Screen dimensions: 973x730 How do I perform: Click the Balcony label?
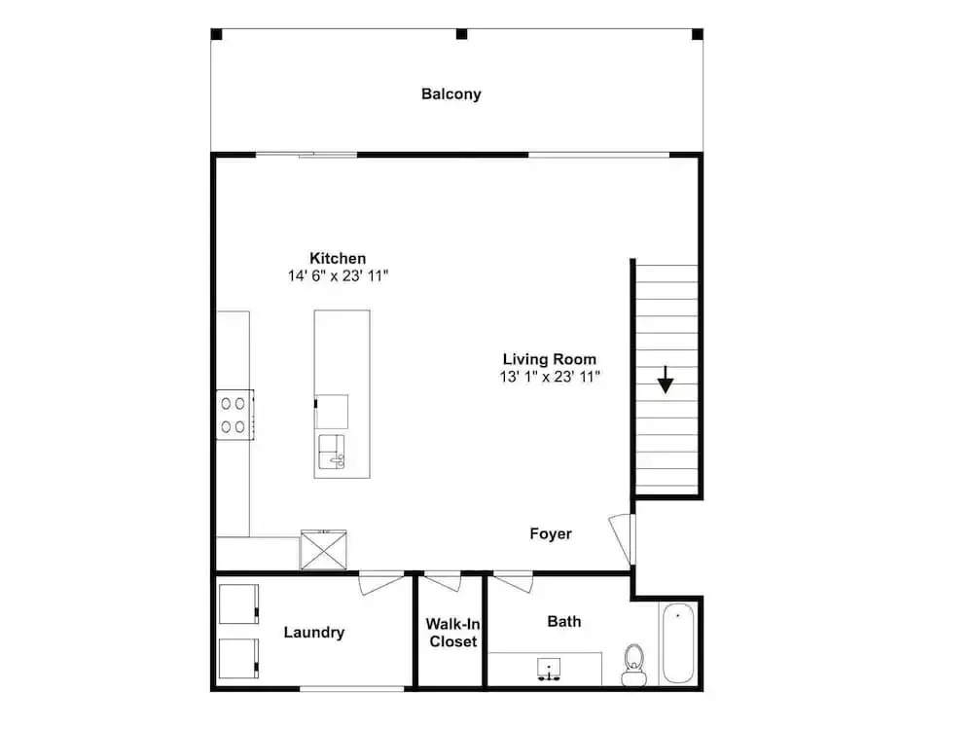pyautogui.click(x=451, y=94)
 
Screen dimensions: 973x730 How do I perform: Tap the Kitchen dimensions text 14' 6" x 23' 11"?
pyautogui.click(x=339, y=275)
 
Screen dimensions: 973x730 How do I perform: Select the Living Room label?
pyautogui.click(x=550, y=359)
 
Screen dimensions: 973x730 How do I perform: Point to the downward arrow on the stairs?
pyautogui.click(x=666, y=380)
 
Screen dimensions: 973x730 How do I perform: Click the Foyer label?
pyautogui.click(x=551, y=533)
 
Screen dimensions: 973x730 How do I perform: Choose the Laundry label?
pyautogui.click(x=314, y=633)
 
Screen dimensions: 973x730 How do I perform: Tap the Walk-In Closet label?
pyautogui.click(x=453, y=633)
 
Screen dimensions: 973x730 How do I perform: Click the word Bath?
pyautogui.click(x=564, y=621)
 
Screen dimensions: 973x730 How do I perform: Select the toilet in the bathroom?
pyautogui.click(x=633, y=665)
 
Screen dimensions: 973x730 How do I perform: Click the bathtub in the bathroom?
pyautogui.click(x=677, y=643)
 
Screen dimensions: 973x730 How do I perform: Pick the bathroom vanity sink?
pyautogui.click(x=549, y=669)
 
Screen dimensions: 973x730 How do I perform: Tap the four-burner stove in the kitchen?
pyautogui.click(x=234, y=415)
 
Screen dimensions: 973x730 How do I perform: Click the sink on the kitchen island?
pyautogui.click(x=332, y=452)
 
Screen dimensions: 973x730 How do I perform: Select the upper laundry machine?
pyautogui.click(x=239, y=604)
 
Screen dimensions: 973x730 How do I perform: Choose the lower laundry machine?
pyautogui.click(x=239, y=658)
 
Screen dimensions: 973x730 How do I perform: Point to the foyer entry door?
pyautogui.click(x=622, y=538)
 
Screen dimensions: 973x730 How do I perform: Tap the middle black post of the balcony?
pyautogui.click(x=461, y=33)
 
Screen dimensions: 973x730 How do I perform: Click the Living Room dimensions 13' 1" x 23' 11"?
pyautogui.click(x=550, y=377)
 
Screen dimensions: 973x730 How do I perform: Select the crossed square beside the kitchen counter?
pyautogui.click(x=323, y=549)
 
